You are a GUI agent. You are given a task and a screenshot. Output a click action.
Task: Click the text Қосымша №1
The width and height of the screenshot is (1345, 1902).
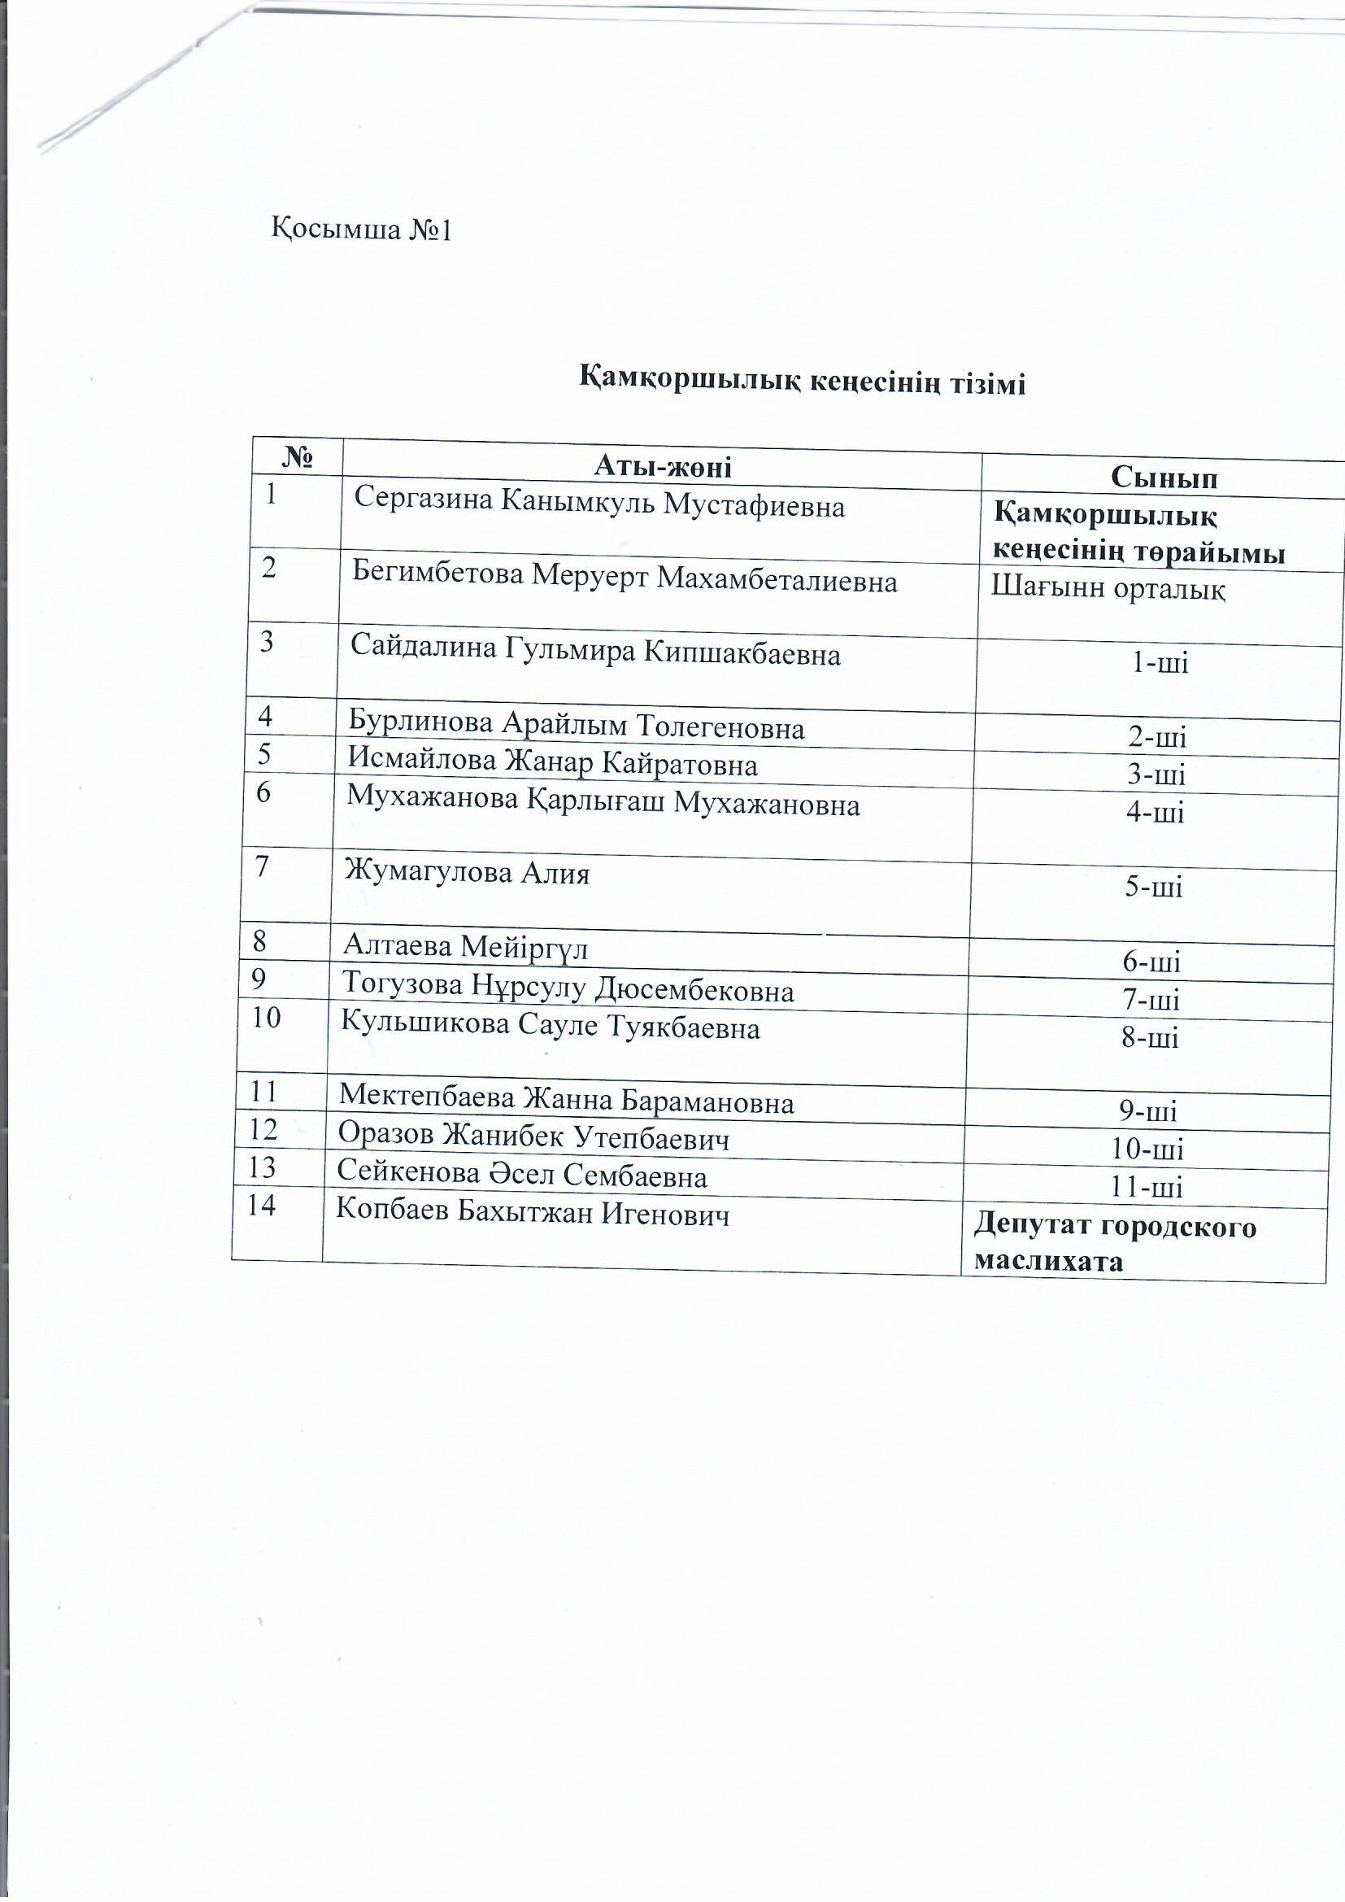tap(362, 229)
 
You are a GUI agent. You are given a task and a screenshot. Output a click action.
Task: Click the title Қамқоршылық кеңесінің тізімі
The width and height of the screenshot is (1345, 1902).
tap(801, 382)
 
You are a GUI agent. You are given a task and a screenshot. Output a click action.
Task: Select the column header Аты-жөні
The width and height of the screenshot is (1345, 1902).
tap(663, 467)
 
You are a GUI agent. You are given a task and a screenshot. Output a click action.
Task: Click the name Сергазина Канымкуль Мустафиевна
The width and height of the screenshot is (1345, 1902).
tap(599, 504)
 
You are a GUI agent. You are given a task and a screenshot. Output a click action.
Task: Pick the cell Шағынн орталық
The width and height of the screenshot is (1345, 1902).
tap(1108, 589)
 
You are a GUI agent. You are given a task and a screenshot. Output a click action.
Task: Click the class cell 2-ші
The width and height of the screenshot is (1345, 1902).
tap(1157, 736)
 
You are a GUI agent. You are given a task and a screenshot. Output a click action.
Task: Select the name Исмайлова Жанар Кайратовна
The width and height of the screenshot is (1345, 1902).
tap(552, 762)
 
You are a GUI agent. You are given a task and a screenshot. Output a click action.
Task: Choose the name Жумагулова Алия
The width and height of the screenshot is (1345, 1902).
tap(468, 873)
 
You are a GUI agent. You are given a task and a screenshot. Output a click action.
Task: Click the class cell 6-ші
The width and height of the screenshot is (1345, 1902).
tap(1151, 962)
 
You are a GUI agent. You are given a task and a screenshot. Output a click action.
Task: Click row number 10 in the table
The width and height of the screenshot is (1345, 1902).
tap(267, 1017)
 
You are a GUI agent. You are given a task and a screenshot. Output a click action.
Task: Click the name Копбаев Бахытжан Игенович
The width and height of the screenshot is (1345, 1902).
tap(533, 1215)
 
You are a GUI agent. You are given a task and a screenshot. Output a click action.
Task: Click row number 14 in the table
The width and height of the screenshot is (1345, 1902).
tap(262, 1206)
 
